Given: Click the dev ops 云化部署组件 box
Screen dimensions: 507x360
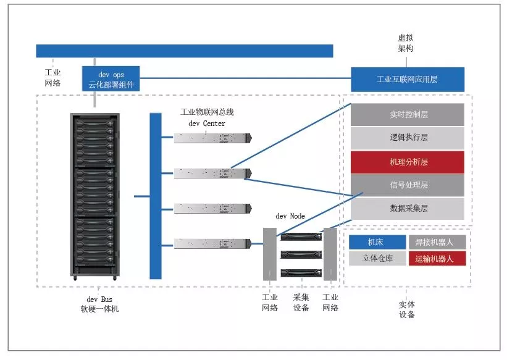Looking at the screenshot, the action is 111,78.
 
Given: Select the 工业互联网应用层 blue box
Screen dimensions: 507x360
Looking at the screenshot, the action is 408,79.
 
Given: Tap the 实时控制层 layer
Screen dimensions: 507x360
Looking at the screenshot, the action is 408,114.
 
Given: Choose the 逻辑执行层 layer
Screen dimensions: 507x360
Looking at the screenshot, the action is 408,138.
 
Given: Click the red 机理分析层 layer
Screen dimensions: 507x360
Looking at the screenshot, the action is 408,162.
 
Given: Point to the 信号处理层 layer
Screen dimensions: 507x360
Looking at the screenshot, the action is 408,185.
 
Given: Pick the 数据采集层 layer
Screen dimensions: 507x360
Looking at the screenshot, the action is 408,209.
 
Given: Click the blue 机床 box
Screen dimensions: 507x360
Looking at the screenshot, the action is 377,242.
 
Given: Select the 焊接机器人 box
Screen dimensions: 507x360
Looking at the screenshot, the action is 437,242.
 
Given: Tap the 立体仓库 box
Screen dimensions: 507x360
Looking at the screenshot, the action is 377,259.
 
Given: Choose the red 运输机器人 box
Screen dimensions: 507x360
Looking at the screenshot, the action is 437,259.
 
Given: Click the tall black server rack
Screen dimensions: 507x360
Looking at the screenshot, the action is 95,196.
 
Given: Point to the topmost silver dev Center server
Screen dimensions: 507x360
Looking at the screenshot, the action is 213,138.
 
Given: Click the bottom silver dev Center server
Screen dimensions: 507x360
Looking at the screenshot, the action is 213,243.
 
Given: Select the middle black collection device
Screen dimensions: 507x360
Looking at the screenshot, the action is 301,254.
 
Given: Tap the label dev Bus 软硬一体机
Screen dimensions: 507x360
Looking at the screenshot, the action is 99,304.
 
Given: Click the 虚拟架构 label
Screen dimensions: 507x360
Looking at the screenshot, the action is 406,43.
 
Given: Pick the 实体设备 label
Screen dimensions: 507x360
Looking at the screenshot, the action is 407,309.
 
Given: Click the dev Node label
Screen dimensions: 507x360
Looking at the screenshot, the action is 290,216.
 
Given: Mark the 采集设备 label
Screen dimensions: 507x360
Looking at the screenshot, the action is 301,303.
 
